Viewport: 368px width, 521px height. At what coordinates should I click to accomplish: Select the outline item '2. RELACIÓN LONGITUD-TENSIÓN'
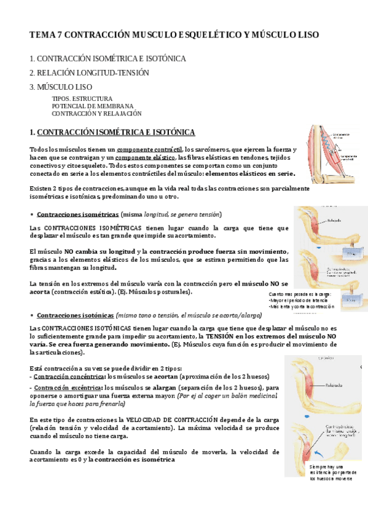(89, 72)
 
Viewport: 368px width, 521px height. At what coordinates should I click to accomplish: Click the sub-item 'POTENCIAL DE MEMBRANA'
(92, 106)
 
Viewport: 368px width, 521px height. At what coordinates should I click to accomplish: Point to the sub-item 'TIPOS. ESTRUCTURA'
(82, 98)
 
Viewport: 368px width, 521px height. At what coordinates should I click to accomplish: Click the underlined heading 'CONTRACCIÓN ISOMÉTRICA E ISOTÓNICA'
(116, 132)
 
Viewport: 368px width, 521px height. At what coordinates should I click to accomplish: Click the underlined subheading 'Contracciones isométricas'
(78, 214)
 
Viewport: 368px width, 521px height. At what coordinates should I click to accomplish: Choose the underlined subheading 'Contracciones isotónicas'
(75, 315)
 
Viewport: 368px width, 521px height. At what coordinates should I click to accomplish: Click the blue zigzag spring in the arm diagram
(327, 148)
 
